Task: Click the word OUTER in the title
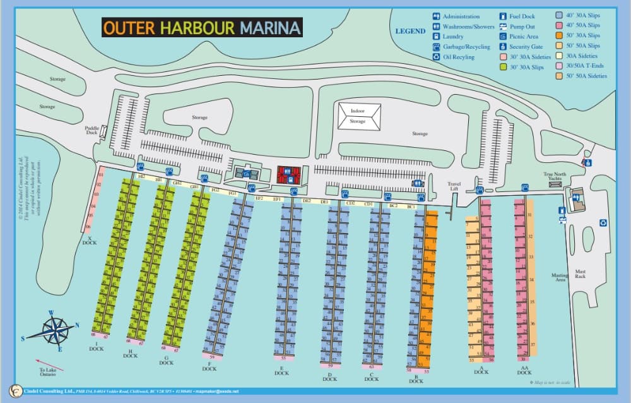tap(129, 28)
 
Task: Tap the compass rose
tap(56, 330)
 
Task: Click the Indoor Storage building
tap(358, 116)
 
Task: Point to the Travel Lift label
tap(454, 186)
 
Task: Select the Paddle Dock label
tap(91, 130)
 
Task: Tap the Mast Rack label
tap(581, 274)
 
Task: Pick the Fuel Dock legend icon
tap(503, 16)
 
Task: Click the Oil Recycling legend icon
tap(436, 57)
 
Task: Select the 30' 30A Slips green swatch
tap(503, 67)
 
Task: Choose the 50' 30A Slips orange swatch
tap(560, 35)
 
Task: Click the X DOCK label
tap(90, 241)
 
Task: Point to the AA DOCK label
tap(524, 370)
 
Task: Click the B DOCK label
tap(416, 378)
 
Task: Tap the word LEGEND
tap(410, 31)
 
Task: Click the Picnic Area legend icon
tap(503, 37)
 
